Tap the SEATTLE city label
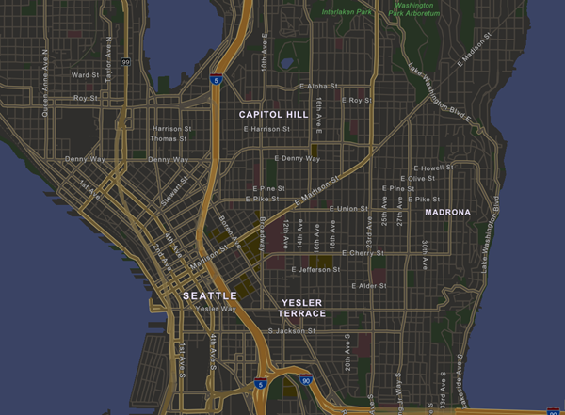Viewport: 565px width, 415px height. [209, 295]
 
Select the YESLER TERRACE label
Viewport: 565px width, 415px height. [303, 308]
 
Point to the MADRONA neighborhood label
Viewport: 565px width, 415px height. [447, 213]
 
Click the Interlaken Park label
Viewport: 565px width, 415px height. [347, 12]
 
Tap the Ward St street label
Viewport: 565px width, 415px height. [86, 74]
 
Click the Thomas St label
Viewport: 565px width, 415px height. [169, 138]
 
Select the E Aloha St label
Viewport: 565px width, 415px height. [317, 86]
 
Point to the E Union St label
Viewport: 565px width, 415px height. [347, 208]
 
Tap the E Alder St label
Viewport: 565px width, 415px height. [368, 285]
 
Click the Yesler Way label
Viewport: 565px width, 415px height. [217, 309]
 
